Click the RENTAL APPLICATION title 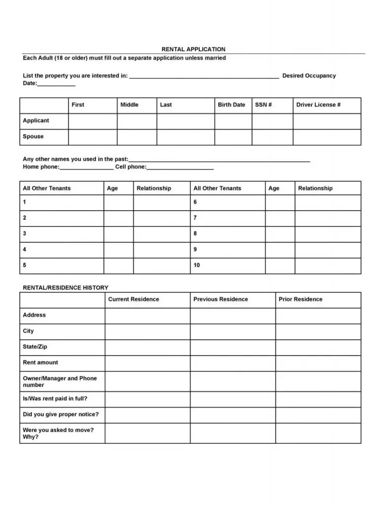click(x=193, y=49)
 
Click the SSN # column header click(x=263, y=105)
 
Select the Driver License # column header click(x=318, y=105)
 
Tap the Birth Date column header click(x=231, y=105)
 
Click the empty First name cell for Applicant click(x=92, y=121)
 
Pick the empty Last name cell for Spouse click(x=185, y=137)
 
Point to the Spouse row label click(x=33, y=137)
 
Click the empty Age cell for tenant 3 click(x=118, y=234)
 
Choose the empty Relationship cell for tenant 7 click(x=327, y=218)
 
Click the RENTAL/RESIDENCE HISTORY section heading click(x=66, y=288)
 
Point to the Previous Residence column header click(x=220, y=299)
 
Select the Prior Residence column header click(x=300, y=299)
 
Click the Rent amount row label click(x=40, y=362)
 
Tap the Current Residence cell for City click(x=147, y=331)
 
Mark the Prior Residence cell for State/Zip click(x=318, y=347)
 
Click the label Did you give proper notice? click(x=61, y=414)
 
